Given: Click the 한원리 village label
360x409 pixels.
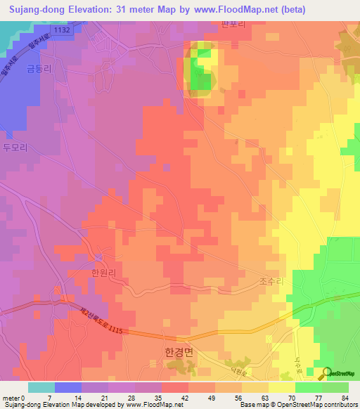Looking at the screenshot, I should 83,274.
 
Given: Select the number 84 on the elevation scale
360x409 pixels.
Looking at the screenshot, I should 345,398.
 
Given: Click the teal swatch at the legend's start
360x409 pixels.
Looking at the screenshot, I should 41,387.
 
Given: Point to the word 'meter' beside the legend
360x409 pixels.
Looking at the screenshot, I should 12,398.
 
